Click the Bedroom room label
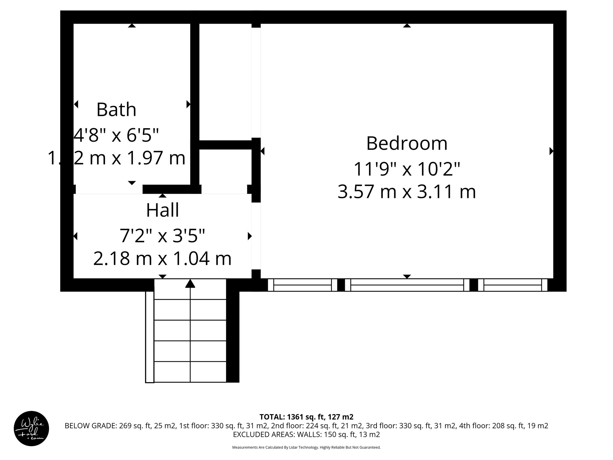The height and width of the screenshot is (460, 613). point(406,143)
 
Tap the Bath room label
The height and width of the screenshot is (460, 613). point(116,110)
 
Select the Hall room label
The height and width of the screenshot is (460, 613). point(163,210)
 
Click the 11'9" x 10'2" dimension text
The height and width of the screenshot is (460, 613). point(406,169)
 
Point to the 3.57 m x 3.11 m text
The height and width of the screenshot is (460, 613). point(406,192)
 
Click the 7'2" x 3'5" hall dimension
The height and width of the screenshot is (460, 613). point(163,236)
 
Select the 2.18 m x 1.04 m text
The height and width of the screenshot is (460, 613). point(163,259)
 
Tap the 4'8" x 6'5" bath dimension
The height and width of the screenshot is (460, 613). point(116,135)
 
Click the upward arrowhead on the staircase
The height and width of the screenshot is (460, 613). point(190,284)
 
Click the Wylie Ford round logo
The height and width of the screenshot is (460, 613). point(31,429)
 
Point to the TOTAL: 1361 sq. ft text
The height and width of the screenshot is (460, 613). point(306,417)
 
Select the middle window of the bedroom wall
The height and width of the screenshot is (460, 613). point(407,285)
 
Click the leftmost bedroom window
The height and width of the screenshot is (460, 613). point(302,285)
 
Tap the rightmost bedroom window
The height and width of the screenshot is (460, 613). point(512,285)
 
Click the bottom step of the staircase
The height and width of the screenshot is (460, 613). point(190,372)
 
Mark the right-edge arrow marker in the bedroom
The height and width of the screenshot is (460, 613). point(551,151)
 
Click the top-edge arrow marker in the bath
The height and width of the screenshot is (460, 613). point(132,26)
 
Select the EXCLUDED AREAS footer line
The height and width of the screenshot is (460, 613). point(306,435)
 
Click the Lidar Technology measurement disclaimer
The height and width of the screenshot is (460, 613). point(306,447)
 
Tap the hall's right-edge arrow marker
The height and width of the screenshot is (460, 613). point(250,236)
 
